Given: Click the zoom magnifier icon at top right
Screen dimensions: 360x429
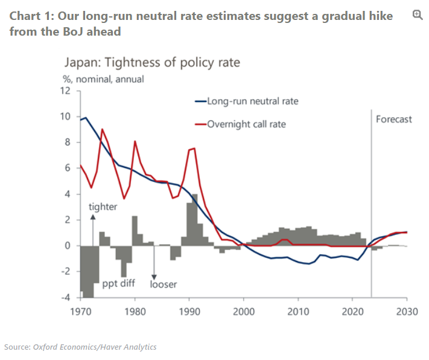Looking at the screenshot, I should pos(417,14).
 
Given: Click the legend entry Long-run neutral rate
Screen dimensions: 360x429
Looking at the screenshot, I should pos(252,101).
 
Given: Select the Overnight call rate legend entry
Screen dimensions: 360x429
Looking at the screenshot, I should pos(246,124).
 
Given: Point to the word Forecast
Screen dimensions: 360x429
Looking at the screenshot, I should pos(393,119).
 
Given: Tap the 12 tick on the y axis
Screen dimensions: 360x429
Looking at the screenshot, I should pos(66,91).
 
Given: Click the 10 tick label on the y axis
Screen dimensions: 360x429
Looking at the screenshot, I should pos(66,117).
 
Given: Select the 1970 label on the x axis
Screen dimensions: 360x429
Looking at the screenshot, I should pos(80,312).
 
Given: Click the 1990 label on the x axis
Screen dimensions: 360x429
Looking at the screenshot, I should pos(189,312).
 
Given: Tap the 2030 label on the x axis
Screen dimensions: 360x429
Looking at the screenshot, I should pos(407,312).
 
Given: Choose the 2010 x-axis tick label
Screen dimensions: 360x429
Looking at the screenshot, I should pos(298,312).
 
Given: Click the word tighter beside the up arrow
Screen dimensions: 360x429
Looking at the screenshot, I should pos(103,207).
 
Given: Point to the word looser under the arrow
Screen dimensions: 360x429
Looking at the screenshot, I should pos(163,283).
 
